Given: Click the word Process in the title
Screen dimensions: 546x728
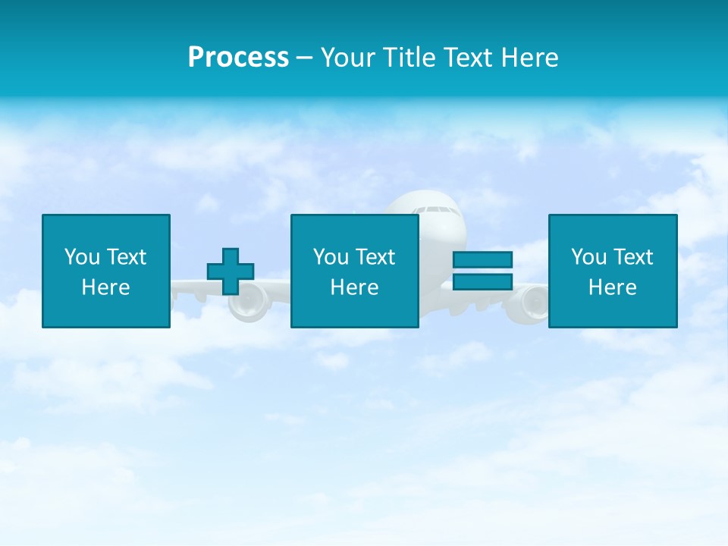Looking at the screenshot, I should click(x=238, y=58).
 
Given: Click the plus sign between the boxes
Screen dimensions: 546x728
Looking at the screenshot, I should click(x=231, y=271).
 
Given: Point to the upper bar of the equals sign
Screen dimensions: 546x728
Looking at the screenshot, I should click(x=482, y=260).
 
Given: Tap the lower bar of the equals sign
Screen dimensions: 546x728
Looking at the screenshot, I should click(x=482, y=281).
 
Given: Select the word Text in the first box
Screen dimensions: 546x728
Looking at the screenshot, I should click(x=126, y=257).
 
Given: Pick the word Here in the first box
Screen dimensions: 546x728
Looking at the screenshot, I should click(x=105, y=287).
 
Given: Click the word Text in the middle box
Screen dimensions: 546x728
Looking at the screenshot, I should click(x=375, y=257).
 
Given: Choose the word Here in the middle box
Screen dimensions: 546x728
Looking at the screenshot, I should click(x=354, y=287).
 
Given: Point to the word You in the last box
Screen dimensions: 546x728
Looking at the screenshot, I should click(x=588, y=257).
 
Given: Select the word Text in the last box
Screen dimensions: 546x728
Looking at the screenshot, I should click(x=632, y=257).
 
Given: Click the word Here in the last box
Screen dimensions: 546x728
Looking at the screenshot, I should click(x=612, y=287).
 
